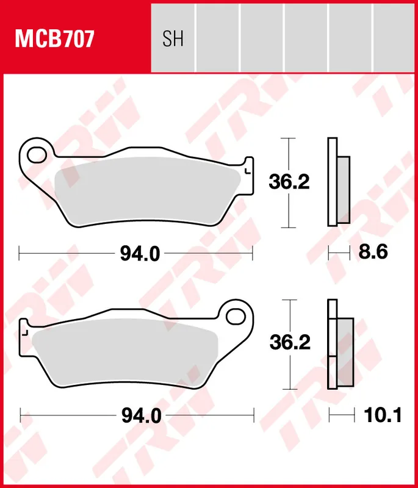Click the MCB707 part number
tap(54, 40)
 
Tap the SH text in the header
tap(173, 40)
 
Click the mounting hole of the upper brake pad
tap(36, 152)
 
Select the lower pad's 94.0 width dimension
tap(140, 416)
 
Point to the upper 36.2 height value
tap(289, 182)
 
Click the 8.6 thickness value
tap(373, 253)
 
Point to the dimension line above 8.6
tap(339, 251)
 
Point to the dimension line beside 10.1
tap(342, 416)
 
